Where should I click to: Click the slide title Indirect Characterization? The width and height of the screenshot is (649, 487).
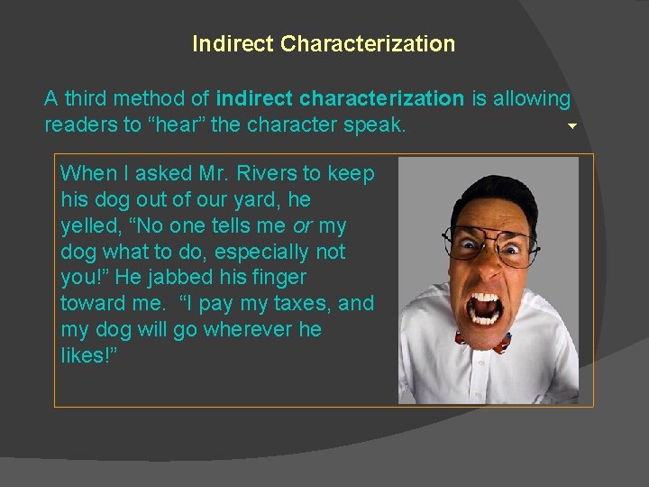[324, 43]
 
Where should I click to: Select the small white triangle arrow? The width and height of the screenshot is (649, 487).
[571, 126]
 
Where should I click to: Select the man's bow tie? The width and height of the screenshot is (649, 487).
[484, 342]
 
